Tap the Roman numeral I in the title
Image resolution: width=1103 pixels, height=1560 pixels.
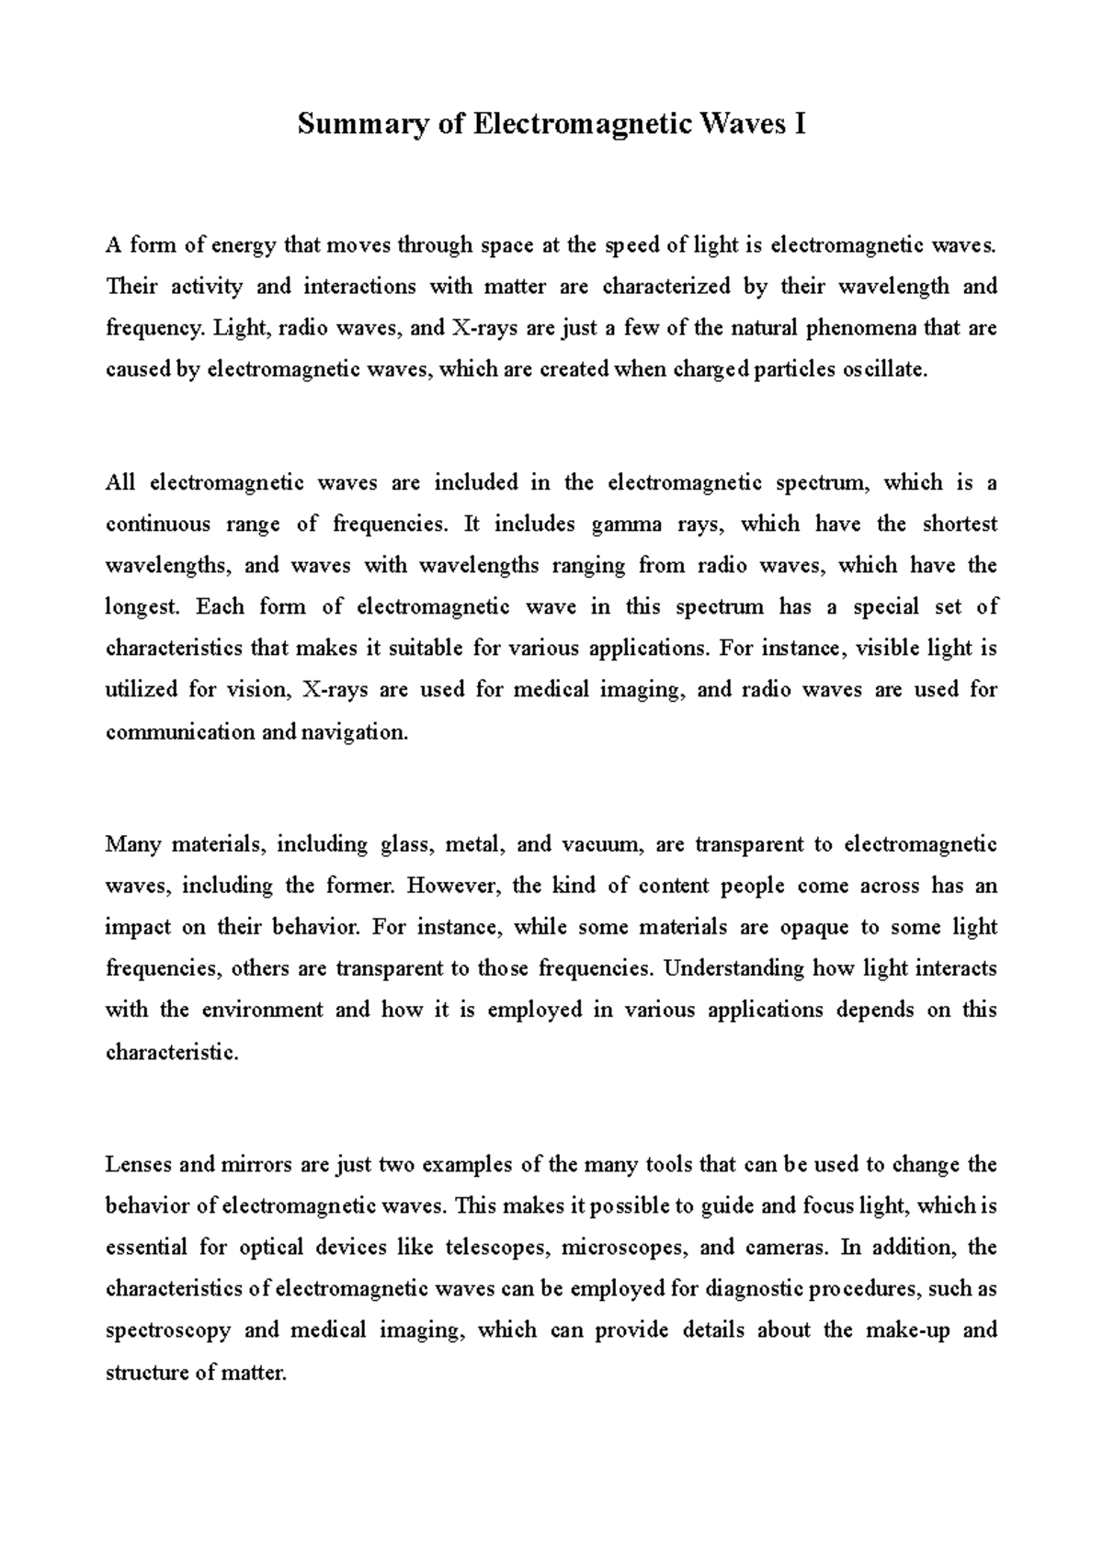click(800, 123)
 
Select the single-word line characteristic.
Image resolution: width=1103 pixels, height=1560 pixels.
click(172, 1053)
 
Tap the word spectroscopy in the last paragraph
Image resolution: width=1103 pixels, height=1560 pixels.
click(167, 1331)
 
